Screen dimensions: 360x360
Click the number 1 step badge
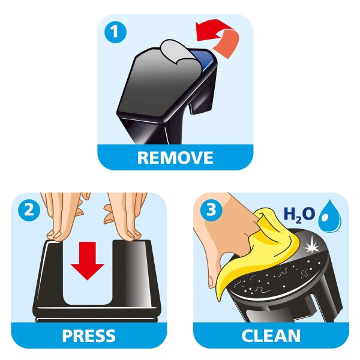click(x=115, y=32)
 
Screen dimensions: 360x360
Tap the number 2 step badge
click(x=29, y=210)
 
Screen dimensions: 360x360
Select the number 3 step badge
click(x=211, y=210)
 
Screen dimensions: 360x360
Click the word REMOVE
click(x=175, y=157)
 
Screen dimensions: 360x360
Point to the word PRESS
click(x=89, y=335)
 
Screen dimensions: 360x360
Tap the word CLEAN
click(x=271, y=335)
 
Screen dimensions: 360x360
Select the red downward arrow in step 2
click(x=87, y=261)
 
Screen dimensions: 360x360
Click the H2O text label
click(x=299, y=215)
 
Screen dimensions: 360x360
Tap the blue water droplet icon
click(x=329, y=217)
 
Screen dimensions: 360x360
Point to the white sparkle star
click(x=311, y=247)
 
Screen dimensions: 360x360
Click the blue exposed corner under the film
click(x=205, y=59)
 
